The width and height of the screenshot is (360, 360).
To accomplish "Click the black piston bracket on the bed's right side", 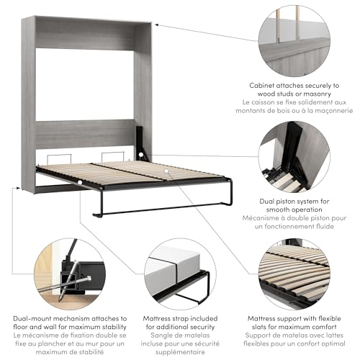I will pos(143,144).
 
